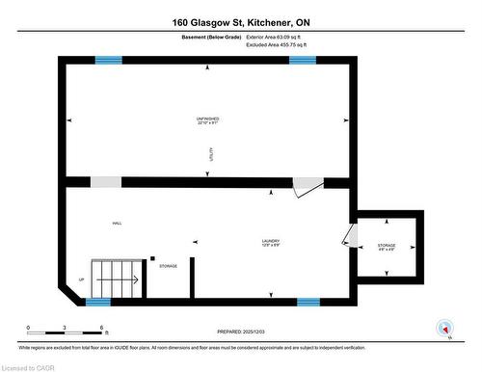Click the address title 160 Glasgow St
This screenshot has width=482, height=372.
pos(241,21)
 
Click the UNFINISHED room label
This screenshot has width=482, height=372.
pos(208,120)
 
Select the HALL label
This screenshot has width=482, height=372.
pos(117,224)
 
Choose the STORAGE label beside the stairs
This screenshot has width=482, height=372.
pos(168,266)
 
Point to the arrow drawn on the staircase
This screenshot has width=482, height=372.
pos(129,279)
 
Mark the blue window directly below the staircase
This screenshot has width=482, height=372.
pos(98,302)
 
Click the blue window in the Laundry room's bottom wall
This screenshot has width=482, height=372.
pos(308,302)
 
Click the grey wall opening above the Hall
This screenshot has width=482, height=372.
pos(106,182)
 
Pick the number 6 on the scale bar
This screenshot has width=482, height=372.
pos(101,329)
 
